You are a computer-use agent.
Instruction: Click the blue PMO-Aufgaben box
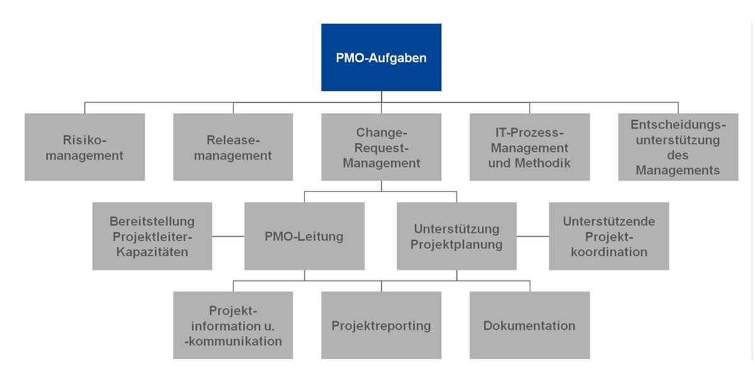(381, 57)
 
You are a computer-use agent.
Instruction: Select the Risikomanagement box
(85, 147)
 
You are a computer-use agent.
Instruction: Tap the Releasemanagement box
(233, 147)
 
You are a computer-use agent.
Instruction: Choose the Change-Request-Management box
(381, 147)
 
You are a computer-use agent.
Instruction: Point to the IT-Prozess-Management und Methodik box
(529, 147)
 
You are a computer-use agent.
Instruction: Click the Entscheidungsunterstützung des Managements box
(678, 147)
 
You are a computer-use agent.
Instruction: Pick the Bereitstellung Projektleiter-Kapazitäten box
(152, 236)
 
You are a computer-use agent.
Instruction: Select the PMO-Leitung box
(305, 236)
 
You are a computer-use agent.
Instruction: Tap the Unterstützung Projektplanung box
(456, 236)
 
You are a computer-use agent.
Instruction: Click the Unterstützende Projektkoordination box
(608, 236)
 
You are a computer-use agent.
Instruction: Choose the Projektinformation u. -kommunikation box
(233, 326)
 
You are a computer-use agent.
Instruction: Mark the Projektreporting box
(381, 326)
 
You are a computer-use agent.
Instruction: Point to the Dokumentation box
(529, 326)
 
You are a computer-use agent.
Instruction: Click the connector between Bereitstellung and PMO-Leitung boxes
(228, 237)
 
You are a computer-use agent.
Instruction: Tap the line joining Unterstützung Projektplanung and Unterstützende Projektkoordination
(532, 237)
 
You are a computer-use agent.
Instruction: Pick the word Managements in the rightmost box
(678, 171)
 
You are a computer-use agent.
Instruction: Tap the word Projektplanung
(456, 244)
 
